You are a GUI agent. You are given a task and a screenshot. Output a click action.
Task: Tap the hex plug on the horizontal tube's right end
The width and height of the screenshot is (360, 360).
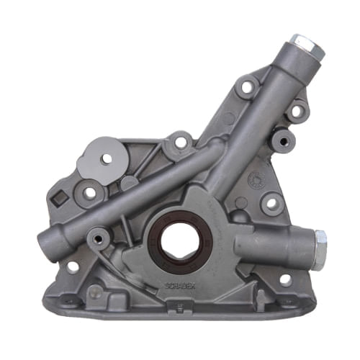tap(319, 240)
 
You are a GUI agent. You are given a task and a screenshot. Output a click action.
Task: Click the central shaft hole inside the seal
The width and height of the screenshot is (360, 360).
tap(176, 240)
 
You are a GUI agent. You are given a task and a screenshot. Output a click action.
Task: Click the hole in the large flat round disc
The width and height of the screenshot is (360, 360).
tap(107, 158)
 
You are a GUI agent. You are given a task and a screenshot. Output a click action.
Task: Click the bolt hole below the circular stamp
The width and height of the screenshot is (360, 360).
tap(271, 203)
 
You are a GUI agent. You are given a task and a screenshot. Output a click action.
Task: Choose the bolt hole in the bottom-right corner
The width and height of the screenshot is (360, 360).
tap(285, 279)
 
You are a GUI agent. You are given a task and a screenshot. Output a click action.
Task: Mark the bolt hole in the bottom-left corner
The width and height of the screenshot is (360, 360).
tap(73, 267)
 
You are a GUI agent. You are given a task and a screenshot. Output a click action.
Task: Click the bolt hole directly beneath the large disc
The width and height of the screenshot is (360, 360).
tap(90, 192)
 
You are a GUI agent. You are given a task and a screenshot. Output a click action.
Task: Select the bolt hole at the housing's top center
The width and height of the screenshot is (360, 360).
tap(180, 142)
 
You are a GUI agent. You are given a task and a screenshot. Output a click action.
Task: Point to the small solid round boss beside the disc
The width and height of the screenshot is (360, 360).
tap(130, 183)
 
